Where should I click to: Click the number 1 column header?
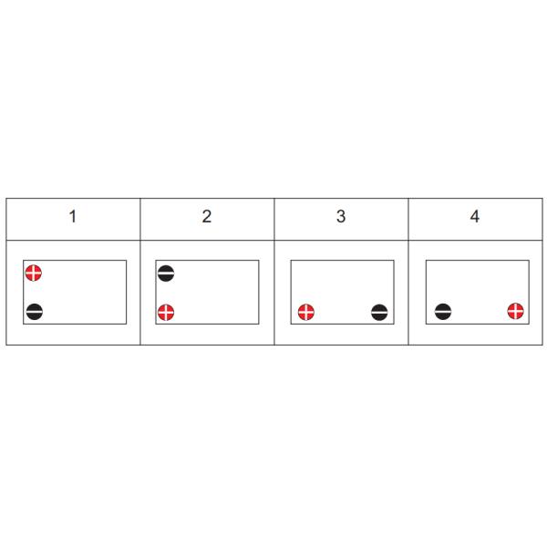[x=73, y=216]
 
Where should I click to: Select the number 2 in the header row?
[x=207, y=216]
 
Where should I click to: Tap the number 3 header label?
[x=341, y=216]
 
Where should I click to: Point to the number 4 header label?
[x=475, y=216]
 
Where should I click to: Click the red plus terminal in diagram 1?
[x=34, y=273]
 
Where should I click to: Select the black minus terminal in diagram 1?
[x=35, y=312]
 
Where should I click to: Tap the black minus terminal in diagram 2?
[x=166, y=273]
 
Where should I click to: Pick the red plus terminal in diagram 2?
[x=166, y=312]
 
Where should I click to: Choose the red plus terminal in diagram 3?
[x=306, y=312]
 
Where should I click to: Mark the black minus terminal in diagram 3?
[x=379, y=312]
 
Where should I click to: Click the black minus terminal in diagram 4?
[x=443, y=312]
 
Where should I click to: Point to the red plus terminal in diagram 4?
[x=516, y=311]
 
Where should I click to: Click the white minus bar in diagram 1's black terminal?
[x=35, y=312]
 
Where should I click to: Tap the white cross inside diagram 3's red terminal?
[x=306, y=312]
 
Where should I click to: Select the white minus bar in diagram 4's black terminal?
[x=443, y=312]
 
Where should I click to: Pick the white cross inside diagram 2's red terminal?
[x=166, y=312]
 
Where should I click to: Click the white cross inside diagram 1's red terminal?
[x=34, y=273]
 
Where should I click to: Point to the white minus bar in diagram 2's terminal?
[x=166, y=273]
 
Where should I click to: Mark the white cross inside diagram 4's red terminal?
[x=516, y=311]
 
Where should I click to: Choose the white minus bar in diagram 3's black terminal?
[x=379, y=312]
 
